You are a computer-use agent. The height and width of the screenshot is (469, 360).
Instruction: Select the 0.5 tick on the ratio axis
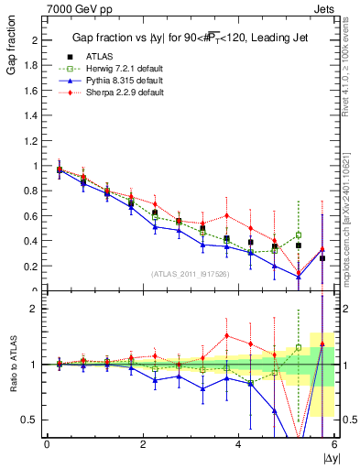[x=32, y=420]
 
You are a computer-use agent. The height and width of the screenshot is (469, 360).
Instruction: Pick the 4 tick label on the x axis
[x=238, y=444]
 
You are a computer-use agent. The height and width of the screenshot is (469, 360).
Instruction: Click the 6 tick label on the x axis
[x=333, y=444]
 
